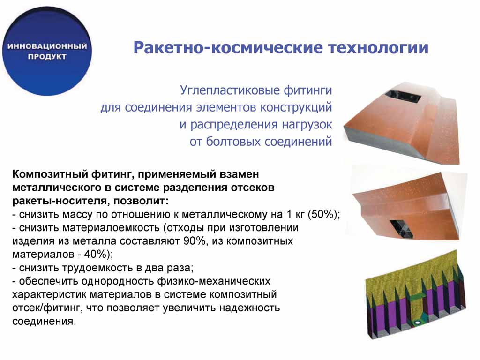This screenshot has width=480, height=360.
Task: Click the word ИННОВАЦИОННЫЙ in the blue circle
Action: pyautogui.click(x=47, y=46)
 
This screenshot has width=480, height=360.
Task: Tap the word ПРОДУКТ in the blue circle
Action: pyautogui.click(x=47, y=57)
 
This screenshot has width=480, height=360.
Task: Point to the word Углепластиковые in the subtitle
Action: pyautogui.click(x=230, y=90)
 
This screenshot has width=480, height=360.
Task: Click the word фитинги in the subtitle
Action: pyautogui.click(x=308, y=90)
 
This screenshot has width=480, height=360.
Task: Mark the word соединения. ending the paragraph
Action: pyautogui.click(x=44, y=322)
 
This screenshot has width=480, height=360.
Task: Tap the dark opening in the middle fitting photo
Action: pyautogui.click(x=401, y=228)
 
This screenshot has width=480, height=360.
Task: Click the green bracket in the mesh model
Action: pyautogui.click(x=416, y=296)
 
